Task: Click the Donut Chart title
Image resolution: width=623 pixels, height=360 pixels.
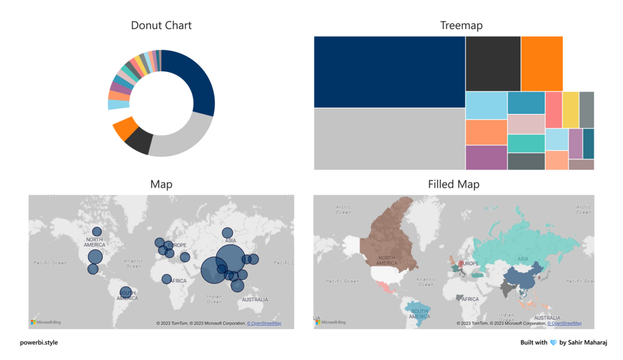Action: coord(161,25)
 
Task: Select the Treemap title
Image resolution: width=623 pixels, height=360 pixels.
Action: coord(461,25)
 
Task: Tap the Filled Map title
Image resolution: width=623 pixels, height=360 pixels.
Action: coord(453,184)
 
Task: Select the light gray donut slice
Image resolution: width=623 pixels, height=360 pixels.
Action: coord(180,139)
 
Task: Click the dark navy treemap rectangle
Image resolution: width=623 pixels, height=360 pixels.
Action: coord(389,72)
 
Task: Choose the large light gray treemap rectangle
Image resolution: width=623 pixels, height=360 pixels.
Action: coord(389,139)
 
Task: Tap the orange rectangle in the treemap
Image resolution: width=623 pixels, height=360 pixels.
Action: coord(542,64)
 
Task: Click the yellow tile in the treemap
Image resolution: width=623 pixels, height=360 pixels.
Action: coord(570,110)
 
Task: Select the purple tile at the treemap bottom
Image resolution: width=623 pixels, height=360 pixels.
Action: coord(486,157)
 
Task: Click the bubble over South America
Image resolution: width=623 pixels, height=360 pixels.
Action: coord(126,292)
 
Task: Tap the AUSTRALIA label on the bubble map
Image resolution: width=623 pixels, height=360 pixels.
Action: coord(255,300)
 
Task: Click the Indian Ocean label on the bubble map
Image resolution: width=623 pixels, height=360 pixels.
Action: coord(214,299)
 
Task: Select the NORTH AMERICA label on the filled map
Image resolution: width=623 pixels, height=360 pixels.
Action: coord(386,260)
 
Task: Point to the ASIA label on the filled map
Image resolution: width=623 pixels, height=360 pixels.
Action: coord(523,259)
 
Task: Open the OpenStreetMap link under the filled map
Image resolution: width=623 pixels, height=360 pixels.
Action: coord(564,323)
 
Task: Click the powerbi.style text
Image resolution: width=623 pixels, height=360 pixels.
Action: coord(39,342)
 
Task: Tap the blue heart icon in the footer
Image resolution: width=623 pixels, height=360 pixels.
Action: coord(553,343)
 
